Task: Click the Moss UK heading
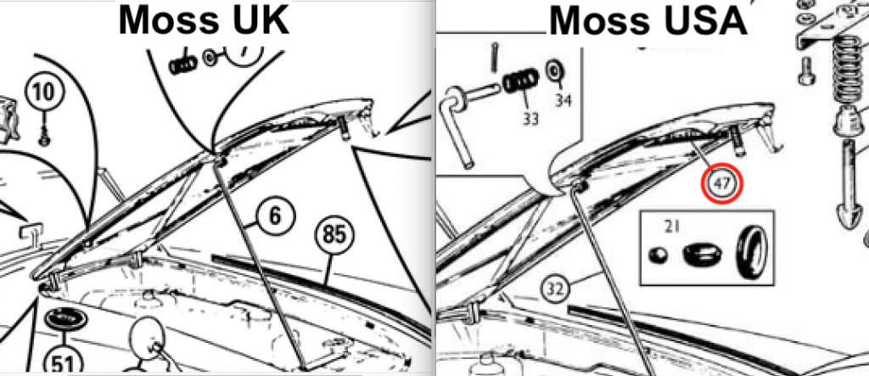pos(204,20)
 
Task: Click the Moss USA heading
pos(648,21)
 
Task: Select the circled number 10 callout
pos(44,92)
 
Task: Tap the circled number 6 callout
pos(276,216)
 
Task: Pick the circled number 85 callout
pos(334,235)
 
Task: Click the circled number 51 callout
pos(63,362)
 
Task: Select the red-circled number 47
pos(721,183)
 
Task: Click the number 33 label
pos(530,118)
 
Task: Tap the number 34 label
pos(563,100)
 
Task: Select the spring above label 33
pos(520,81)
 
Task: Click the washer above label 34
pos(553,70)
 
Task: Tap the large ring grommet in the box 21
pos(751,251)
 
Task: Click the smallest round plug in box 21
pos(659,255)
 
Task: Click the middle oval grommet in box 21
pos(700,254)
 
